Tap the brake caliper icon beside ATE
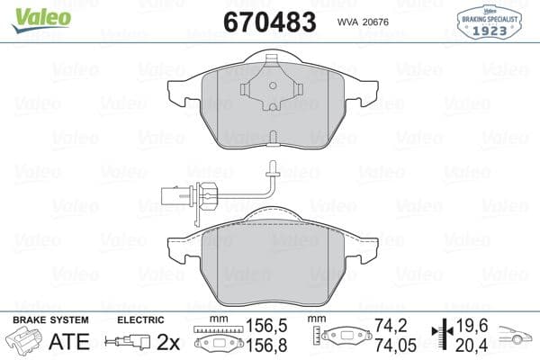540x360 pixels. (x=25, y=343)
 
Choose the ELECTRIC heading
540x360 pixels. (x=141, y=319)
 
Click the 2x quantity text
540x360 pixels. (x=168, y=342)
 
